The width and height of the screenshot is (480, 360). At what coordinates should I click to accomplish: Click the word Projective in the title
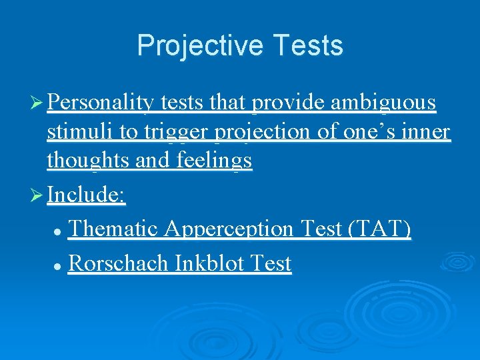190,46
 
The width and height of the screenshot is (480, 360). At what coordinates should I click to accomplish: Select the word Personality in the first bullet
102,103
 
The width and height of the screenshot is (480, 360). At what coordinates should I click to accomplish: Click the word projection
263,132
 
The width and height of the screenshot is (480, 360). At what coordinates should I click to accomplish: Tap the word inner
425,132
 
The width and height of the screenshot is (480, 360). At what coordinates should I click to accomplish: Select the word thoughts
89,161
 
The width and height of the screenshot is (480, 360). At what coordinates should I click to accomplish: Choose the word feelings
215,161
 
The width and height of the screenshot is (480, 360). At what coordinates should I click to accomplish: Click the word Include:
87,195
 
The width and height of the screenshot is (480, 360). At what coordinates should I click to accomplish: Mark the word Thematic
113,229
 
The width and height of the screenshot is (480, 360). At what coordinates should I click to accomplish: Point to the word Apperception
228,229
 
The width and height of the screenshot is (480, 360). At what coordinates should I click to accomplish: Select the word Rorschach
119,263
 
